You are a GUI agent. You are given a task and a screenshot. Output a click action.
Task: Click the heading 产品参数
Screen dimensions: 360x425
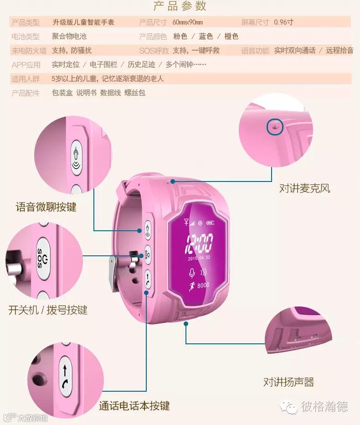click(x=180, y=6)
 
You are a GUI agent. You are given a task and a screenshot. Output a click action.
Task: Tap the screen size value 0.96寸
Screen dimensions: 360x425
click(x=283, y=22)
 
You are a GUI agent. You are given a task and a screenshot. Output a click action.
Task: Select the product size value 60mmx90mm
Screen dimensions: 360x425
click(x=188, y=22)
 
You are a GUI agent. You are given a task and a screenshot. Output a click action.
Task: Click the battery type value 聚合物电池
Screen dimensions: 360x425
click(x=69, y=36)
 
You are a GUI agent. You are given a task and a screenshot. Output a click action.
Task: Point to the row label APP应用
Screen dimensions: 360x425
click(x=26, y=65)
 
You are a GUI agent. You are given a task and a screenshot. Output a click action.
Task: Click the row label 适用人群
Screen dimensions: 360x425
click(x=26, y=79)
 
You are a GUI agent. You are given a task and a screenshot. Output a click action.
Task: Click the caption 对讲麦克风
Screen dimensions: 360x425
click(x=304, y=188)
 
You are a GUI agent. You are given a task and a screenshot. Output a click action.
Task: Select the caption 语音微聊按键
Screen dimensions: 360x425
click(x=46, y=207)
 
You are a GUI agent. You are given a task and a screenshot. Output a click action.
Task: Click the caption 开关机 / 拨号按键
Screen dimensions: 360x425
click(x=47, y=311)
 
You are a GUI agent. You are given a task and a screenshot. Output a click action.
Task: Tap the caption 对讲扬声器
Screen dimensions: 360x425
click(x=288, y=382)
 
